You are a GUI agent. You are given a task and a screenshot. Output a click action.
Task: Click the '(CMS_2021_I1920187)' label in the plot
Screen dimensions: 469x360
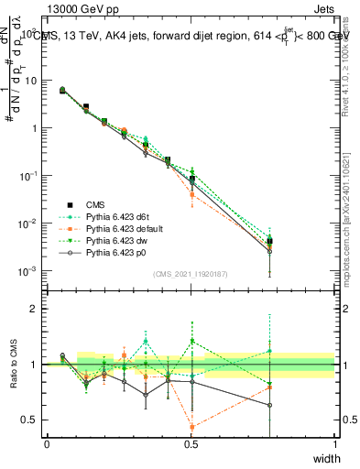(191, 273)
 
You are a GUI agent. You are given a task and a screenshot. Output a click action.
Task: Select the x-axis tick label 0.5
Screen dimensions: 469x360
(191, 443)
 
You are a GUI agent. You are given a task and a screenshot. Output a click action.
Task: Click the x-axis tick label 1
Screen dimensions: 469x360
(334, 443)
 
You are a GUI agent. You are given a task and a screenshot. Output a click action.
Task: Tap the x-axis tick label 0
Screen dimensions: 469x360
(47, 443)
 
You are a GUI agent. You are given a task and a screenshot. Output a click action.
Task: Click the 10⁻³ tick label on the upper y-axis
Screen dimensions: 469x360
(28, 271)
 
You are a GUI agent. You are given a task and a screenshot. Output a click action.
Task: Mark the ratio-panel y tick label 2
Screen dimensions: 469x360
(34, 309)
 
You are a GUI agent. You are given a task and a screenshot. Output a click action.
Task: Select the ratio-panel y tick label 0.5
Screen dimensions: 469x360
(30, 420)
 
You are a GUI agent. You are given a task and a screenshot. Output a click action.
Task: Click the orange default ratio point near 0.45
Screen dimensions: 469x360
(191, 427)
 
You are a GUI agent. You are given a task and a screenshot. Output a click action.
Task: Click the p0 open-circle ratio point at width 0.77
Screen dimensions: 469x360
(269, 405)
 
